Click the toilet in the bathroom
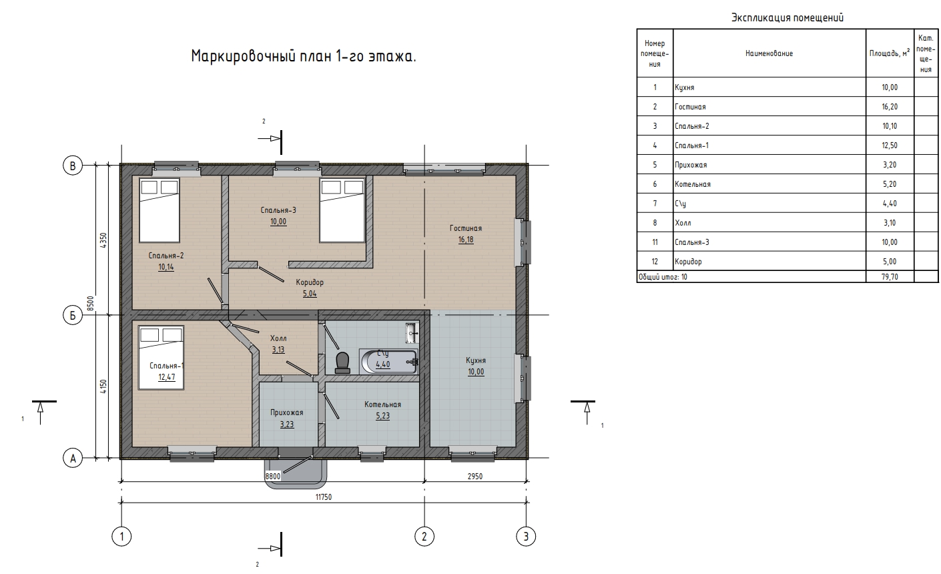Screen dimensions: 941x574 pos(342,362)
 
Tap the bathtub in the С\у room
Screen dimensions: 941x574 pos(389,361)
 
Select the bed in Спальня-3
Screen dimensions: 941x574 pos(342,210)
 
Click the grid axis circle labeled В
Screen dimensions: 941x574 pos(73,166)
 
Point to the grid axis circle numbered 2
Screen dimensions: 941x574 pos(424,536)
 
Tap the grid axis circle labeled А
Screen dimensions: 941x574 pos(73,458)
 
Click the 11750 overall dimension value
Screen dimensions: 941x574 pos(324,497)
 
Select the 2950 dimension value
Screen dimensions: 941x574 pos(475,476)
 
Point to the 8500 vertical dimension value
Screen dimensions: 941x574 pos(91,304)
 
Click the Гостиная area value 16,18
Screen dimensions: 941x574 pos(466,240)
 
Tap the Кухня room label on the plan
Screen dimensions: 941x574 pos(476,360)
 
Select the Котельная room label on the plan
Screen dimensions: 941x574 pos(382,404)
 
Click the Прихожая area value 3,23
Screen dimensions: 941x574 pos(287,424)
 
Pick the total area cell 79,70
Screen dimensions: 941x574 pos(890,276)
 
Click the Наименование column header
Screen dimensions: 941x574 pos(769,53)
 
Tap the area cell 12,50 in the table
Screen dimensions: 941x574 pos(890,146)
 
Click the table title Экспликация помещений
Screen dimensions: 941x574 pos(788,17)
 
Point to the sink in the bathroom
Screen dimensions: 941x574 pos(412,332)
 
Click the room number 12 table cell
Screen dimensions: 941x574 pos(655,262)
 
